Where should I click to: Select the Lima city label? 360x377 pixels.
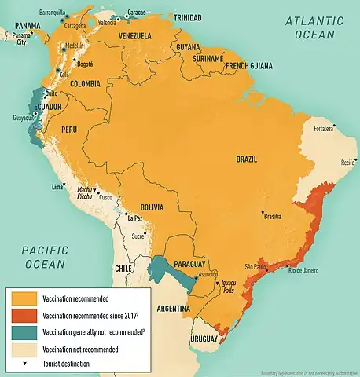pos(57,186)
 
